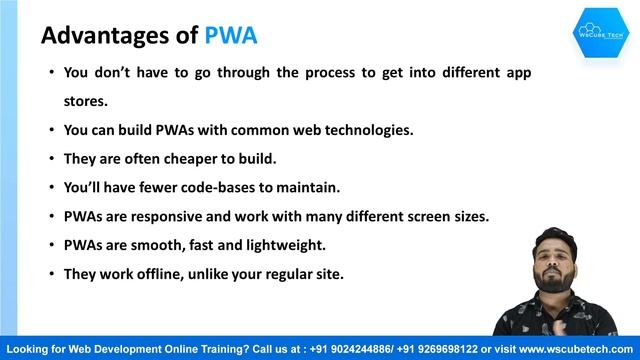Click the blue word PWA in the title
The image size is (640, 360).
(231, 36)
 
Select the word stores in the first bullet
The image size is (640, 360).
(84, 101)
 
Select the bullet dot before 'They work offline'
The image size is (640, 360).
(52, 273)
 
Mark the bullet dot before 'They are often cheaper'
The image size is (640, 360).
(52, 158)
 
